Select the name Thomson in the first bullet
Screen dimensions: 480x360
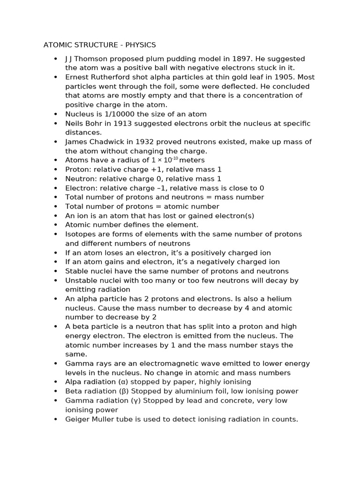point(91,59)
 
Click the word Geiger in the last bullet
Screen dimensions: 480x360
point(77,419)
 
